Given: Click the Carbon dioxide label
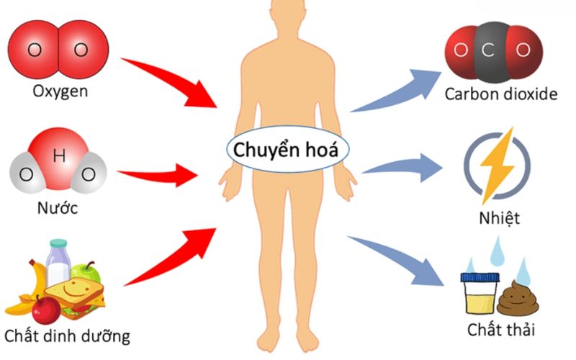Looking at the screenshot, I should coord(501,94).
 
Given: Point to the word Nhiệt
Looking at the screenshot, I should coord(499,218).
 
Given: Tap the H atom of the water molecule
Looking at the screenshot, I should coord(58,156).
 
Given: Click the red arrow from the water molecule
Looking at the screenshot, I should coord(158,174).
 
